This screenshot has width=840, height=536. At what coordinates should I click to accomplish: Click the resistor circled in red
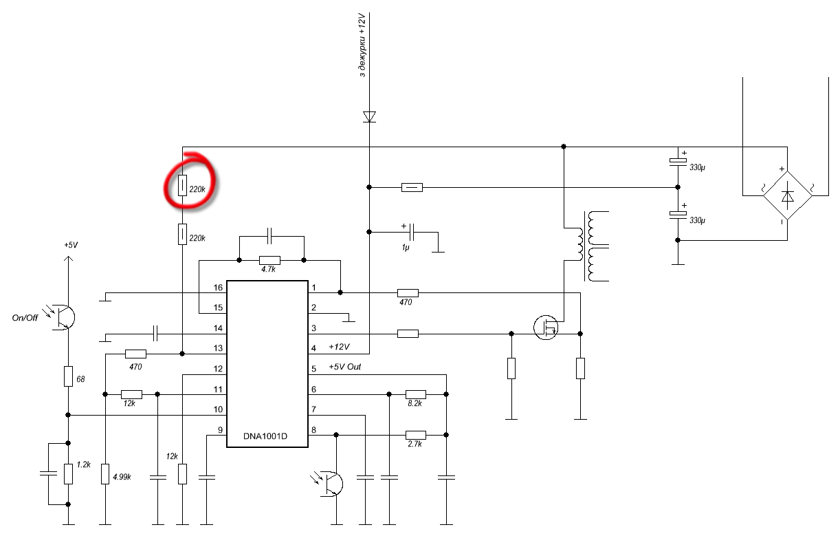point(182,185)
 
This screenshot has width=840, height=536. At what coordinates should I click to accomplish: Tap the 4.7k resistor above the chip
point(270,261)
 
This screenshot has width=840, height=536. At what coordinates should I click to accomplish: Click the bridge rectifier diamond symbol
point(788,196)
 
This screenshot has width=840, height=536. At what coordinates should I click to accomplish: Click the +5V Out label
point(344,367)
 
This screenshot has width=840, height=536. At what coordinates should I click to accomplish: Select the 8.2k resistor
point(415,395)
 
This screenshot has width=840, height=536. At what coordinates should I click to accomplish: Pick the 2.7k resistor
point(415,435)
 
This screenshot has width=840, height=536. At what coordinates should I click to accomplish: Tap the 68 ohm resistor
point(68,376)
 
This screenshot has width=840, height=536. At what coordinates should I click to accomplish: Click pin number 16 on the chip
point(219,288)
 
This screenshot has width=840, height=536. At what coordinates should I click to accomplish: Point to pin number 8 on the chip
point(313,431)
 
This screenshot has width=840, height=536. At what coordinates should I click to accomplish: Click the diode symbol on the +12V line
point(370,116)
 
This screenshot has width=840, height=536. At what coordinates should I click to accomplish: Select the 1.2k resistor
point(68,473)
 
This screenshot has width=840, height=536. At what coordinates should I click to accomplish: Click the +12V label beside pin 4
point(340,346)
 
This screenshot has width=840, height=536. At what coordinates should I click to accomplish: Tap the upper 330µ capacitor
point(678,162)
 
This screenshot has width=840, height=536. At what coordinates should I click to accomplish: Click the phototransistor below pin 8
point(332,482)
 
